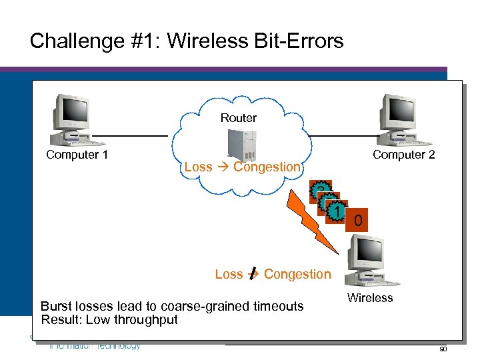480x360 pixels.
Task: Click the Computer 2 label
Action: [403, 155]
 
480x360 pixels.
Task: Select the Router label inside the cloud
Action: [238, 118]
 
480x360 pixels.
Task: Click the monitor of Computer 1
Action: [72, 109]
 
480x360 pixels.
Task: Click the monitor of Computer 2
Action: [399, 109]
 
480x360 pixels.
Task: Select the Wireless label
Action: [370, 298]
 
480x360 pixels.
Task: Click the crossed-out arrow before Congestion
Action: [253, 274]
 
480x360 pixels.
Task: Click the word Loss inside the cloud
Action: [197, 167]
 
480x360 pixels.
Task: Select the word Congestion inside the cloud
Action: [267, 167]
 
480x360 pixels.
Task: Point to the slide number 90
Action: [443, 350]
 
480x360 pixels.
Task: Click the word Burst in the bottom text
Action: [56, 307]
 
